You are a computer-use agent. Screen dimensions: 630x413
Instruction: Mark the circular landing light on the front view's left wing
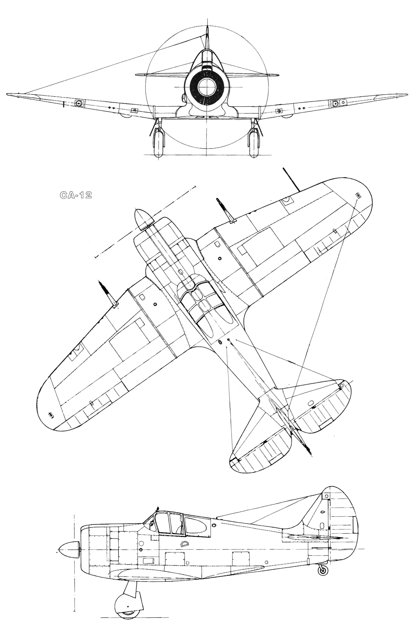click(x=79, y=102)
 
